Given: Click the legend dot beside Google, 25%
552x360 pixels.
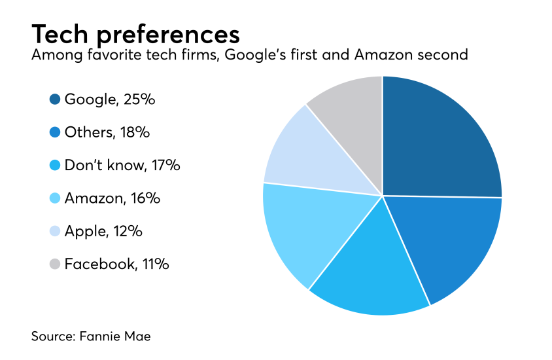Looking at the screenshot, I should coord(55,99).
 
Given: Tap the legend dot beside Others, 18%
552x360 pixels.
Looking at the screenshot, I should coord(55,132).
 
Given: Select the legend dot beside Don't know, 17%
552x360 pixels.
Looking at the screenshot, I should coord(55,165).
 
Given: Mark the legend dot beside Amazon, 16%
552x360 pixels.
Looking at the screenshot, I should coord(55,198).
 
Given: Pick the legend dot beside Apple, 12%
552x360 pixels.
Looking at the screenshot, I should coord(55,231).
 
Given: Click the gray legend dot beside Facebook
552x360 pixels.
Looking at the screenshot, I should coord(55,264).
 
